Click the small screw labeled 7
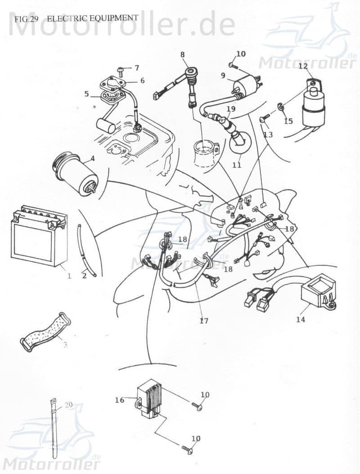tap(121, 70)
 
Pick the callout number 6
tap(142, 80)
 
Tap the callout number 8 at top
tap(182, 54)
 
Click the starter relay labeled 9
tap(245, 85)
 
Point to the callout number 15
tap(288, 121)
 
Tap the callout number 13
tap(268, 134)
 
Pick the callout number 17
tap(204, 321)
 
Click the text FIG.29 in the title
tap(26, 19)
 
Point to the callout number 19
tap(231, 109)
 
